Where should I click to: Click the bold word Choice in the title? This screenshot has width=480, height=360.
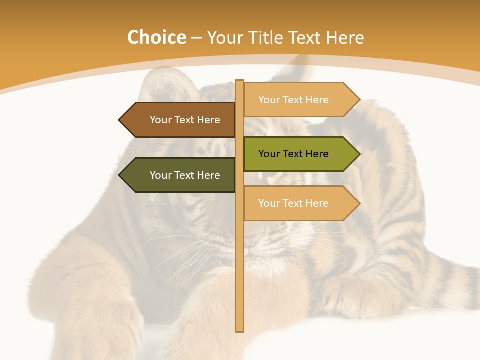[156, 37]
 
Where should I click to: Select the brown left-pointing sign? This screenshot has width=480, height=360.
[180, 120]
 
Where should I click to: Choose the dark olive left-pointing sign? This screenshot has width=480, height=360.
[180, 175]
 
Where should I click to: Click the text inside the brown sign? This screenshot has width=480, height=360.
[185, 120]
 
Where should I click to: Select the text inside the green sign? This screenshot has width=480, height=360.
[293, 154]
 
